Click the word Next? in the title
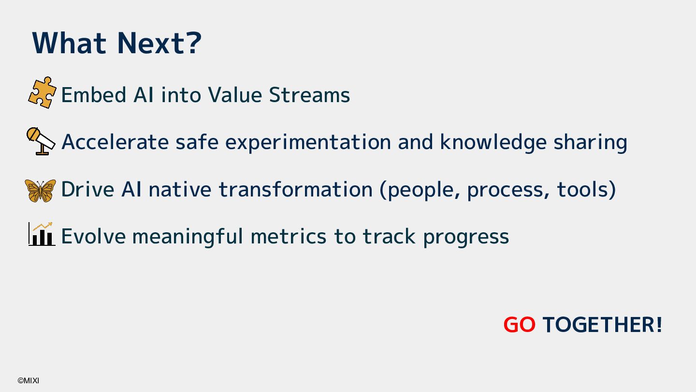click(159, 43)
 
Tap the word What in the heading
click(69, 43)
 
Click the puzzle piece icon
click(42, 92)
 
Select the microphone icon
click(41, 141)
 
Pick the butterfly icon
click(41, 191)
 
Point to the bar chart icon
click(42, 234)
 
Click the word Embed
click(94, 94)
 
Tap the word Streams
click(309, 94)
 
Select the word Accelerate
click(115, 142)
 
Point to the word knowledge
click(493, 142)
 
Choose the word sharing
click(590, 142)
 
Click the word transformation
click(296, 189)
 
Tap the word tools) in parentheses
click(586, 190)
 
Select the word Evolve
click(94, 236)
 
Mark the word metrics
click(289, 236)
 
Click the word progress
click(466, 237)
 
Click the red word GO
click(520, 324)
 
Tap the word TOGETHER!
click(602, 324)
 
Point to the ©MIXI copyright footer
click(28, 380)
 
